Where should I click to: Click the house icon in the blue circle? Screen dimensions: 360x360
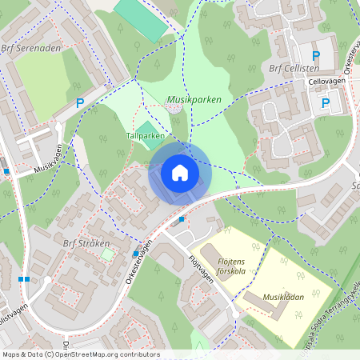[x=180, y=173]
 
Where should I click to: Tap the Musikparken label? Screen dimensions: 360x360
[x=194, y=99]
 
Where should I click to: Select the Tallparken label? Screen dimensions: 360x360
[x=145, y=136]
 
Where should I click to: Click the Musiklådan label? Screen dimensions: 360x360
[x=284, y=296]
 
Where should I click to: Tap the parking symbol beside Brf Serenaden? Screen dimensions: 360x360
[x=79, y=102]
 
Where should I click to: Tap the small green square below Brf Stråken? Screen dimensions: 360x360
[x=107, y=254]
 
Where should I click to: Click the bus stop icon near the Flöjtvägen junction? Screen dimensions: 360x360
[x=182, y=218]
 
